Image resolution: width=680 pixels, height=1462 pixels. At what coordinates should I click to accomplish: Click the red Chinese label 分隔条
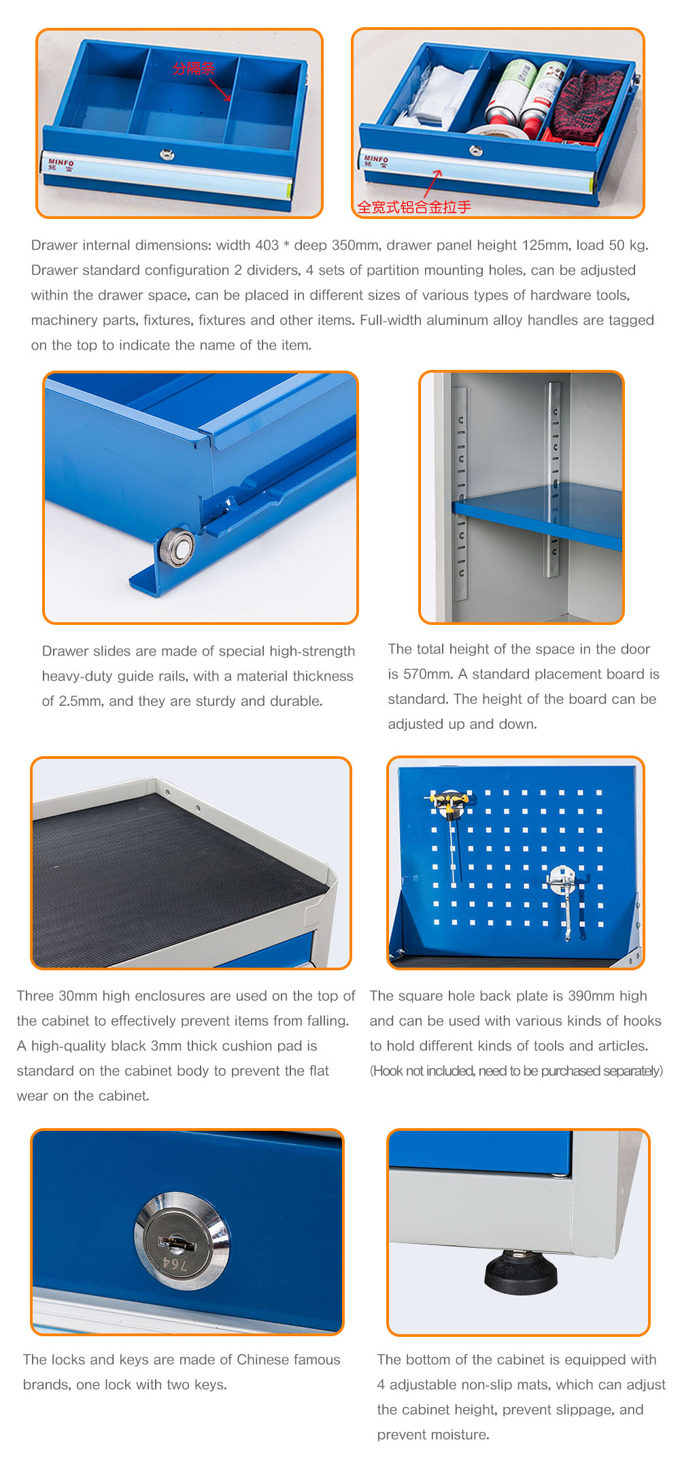(193, 68)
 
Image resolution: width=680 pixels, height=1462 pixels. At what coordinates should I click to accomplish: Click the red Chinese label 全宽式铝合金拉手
(414, 207)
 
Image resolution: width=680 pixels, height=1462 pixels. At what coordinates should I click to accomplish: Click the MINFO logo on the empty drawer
(61, 164)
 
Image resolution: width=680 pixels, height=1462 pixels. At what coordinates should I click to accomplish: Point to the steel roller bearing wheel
(176, 545)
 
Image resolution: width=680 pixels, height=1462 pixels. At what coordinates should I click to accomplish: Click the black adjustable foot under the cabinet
(521, 1272)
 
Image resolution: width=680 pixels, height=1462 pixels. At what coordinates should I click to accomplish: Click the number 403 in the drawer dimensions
(267, 245)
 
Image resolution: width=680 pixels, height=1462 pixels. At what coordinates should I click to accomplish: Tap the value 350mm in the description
(356, 245)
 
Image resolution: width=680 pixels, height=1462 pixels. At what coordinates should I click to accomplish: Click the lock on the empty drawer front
(167, 154)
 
